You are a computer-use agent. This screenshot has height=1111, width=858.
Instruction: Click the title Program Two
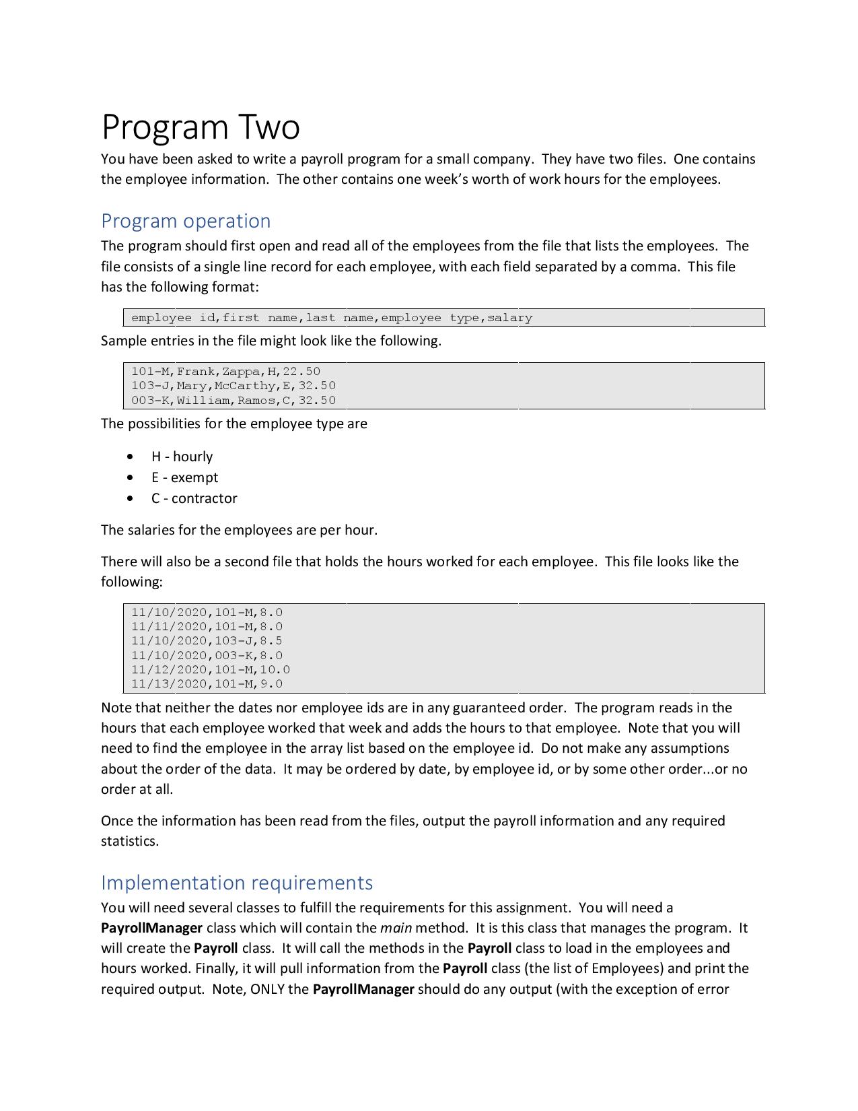click(x=201, y=127)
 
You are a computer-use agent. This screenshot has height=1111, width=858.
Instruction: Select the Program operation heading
click(x=186, y=221)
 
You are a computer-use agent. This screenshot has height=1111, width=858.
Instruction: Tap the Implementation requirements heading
click(x=237, y=882)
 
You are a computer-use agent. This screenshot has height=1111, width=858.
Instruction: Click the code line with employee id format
click(x=332, y=318)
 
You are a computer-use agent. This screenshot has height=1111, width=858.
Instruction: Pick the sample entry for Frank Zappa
click(x=225, y=371)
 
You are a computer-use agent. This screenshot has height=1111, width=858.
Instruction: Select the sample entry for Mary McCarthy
click(x=233, y=386)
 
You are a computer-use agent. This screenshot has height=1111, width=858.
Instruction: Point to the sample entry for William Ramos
click(x=233, y=401)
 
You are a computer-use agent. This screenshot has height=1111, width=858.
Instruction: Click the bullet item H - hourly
click(x=182, y=457)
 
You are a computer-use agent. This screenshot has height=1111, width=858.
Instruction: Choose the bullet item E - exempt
click(x=184, y=477)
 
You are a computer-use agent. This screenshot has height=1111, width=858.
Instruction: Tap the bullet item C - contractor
click(x=194, y=498)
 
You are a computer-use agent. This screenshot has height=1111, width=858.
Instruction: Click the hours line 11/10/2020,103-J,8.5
click(x=207, y=641)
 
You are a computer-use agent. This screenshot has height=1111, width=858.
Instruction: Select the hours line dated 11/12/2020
click(x=210, y=670)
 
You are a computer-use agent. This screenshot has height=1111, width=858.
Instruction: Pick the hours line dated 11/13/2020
click(x=207, y=684)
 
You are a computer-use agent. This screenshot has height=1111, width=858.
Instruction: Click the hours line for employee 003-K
click(x=207, y=656)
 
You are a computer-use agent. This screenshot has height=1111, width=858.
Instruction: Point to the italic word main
click(x=396, y=928)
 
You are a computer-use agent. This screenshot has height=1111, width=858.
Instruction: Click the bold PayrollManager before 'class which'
click(x=151, y=928)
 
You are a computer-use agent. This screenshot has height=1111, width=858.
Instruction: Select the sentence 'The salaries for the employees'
click(x=239, y=530)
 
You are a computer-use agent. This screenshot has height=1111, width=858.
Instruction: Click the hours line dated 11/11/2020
click(x=207, y=627)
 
